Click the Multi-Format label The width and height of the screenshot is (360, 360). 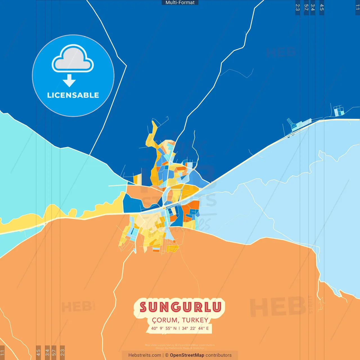point(180,3)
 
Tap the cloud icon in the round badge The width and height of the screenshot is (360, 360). point(73,58)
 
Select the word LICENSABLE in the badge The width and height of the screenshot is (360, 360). point(73,95)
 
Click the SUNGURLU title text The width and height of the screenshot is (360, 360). point(180,307)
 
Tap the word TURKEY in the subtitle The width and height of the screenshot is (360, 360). point(195,320)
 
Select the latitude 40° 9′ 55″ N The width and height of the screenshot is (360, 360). point(164,328)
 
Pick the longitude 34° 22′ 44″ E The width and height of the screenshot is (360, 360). point(195,328)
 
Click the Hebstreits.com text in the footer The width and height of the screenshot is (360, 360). point(145,355)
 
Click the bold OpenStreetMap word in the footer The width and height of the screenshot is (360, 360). point(187,355)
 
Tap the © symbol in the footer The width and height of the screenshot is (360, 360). point(167,355)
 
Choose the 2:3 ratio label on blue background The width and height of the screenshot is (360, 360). point(298,7)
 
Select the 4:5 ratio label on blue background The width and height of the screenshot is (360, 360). point(322,7)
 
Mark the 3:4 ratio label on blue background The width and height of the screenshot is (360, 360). point(312,7)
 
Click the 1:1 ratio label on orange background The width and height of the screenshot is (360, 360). point(2,353)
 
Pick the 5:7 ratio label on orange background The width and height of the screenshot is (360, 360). point(54,353)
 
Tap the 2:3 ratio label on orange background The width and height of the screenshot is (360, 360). point(62,353)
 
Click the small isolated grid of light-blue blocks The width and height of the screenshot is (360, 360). point(339,111)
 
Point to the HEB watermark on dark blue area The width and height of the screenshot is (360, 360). point(281,53)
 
